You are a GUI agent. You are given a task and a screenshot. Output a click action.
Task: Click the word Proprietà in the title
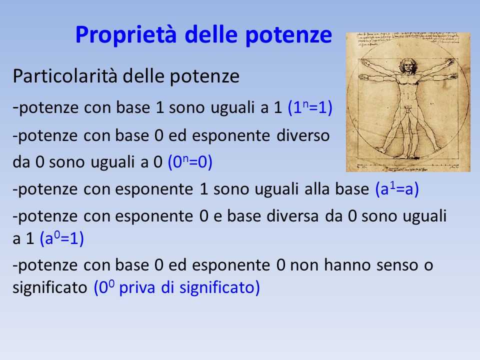(x=126, y=34)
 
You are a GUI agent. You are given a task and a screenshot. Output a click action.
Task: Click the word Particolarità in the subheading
(x=65, y=76)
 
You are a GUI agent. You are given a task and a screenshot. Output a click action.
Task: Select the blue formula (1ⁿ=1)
(x=310, y=107)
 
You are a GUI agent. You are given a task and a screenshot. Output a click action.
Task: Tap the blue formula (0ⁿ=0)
(x=190, y=162)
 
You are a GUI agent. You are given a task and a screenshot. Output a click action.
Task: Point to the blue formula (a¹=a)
(x=397, y=189)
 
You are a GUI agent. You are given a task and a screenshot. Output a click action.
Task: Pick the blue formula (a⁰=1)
(x=62, y=238)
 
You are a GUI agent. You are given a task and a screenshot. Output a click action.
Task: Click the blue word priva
(x=137, y=288)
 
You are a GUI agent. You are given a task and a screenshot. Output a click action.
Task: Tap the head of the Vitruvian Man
(x=407, y=65)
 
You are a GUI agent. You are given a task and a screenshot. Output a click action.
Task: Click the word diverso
(x=303, y=135)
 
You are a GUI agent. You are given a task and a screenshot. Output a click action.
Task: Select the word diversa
(x=292, y=216)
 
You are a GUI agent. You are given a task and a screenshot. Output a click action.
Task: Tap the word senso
(x=397, y=265)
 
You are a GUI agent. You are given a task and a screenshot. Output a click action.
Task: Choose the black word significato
(x=50, y=288)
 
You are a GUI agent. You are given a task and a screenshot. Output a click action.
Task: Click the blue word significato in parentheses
(x=217, y=288)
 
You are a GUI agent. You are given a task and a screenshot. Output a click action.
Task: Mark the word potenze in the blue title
(x=288, y=35)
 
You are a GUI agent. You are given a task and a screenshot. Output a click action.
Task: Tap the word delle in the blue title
(x=211, y=34)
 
